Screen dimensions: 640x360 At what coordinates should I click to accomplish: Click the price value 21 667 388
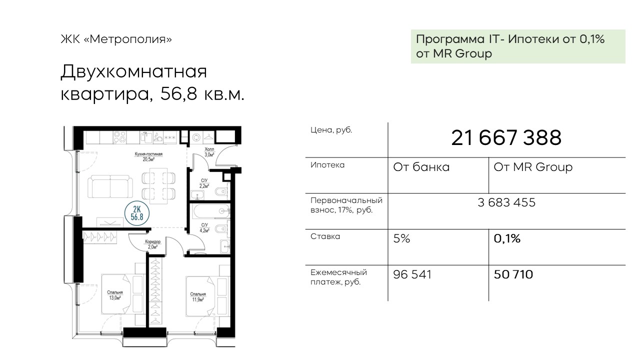click(506, 137)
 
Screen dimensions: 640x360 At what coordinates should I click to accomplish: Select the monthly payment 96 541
click(412, 274)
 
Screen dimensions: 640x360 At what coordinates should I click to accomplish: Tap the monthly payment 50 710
click(513, 274)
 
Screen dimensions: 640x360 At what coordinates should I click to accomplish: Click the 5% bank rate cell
click(401, 238)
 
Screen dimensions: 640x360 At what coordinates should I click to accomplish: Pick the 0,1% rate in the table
click(507, 238)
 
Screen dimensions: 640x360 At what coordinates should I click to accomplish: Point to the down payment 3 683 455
click(506, 202)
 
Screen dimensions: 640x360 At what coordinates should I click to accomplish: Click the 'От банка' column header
click(421, 167)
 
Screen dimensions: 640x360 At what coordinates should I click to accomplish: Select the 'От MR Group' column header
click(533, 167)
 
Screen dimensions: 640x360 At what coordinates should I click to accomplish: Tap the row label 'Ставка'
click(325, 236)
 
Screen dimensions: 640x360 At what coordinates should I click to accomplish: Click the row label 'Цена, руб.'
click(331, 130)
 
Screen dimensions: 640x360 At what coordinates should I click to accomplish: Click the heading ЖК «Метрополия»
click(116, 39)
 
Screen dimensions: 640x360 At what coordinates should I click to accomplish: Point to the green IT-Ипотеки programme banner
click(518, 46)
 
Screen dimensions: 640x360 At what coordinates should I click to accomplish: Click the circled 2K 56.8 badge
click(137, 213)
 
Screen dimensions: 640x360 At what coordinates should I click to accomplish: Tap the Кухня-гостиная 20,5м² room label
click(148, 156)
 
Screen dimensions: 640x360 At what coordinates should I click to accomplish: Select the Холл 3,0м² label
click(209, 152)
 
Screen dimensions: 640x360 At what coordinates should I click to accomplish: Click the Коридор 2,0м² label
click(153, 244)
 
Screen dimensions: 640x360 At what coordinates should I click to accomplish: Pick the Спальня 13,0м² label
click(115, 295)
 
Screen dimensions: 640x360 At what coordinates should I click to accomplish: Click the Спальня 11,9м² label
click(198, 297)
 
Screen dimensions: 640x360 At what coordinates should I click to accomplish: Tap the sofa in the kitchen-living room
click(110, 186)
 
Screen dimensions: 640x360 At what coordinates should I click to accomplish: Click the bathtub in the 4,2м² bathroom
click(211, 211)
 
